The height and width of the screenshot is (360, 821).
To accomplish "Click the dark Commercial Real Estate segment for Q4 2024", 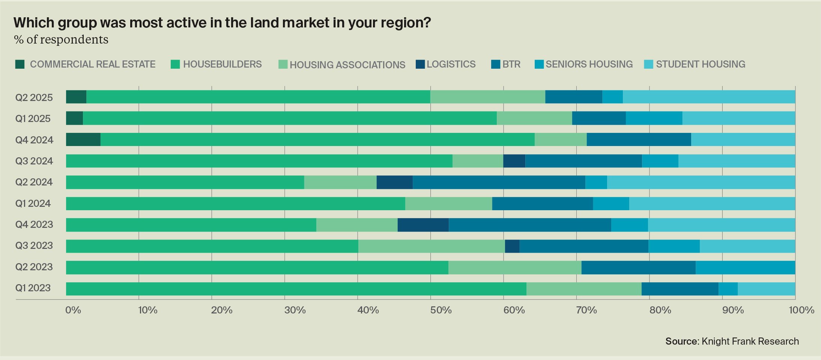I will [83, 139].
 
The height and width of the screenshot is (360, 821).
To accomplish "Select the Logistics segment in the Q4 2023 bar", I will [423, 225].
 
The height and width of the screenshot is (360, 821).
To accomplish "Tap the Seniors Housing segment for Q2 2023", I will [745, 268].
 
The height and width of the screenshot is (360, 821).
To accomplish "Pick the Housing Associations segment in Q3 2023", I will [432, 246].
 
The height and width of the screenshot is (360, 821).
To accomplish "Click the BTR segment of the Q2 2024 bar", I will [499, 182].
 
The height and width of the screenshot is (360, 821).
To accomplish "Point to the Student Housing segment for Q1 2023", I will [766, 289].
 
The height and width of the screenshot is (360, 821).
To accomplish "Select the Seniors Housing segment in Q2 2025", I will [612, 97].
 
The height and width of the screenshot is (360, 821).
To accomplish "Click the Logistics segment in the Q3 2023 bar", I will [512, 246].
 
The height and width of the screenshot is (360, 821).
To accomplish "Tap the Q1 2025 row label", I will [33, 119].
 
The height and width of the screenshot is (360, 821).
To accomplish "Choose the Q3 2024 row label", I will [34, 161].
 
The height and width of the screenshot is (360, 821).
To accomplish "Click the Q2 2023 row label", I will [34, 267].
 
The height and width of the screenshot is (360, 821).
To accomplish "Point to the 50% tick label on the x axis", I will [441, 310].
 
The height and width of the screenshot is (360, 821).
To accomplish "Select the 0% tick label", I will [73, 310].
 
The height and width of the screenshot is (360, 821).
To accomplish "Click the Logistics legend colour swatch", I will [420, 64].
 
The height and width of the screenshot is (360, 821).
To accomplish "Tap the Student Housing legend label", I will [701, 64].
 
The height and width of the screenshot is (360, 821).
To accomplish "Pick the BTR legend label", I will [511, 64].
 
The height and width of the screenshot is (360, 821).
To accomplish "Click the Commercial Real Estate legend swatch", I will [20, 64].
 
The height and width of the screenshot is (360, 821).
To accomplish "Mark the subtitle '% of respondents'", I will [61, 39].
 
